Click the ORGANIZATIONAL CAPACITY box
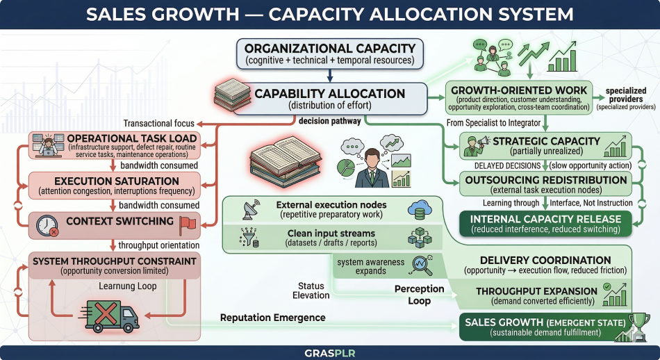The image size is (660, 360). point(330,54)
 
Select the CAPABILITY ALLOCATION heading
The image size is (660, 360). point(329,94)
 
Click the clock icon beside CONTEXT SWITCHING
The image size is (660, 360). point(47,224)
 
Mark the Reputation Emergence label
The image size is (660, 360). point(272,318)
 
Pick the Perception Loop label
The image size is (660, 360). point(419,295)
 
